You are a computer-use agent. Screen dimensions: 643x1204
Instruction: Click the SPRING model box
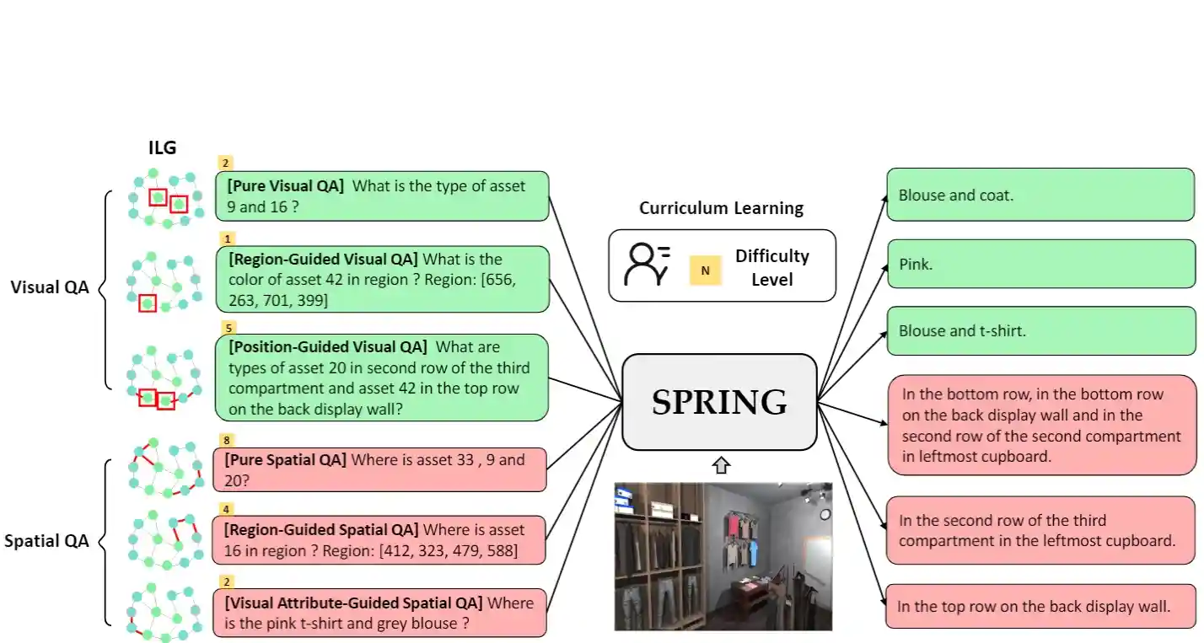[x=719, y=402]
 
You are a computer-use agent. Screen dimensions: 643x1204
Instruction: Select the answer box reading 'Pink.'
[x=1040, y=264]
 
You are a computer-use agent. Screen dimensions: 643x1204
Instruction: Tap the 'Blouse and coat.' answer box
[x=1040, y=195]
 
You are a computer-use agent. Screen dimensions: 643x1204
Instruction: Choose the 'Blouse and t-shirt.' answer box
[x=1040, y=331]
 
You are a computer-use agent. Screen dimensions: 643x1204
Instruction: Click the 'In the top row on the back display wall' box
[x=1040, y=605]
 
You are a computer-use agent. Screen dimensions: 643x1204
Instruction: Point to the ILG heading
[x=162, y=148]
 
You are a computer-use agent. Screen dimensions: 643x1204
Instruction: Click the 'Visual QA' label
[x=50, y=287]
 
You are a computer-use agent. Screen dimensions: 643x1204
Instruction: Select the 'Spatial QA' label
[x=46, y=541]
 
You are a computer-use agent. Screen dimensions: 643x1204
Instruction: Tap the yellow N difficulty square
[x=706, y=271]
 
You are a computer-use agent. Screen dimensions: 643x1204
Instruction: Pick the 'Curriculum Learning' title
[x=721, y=208]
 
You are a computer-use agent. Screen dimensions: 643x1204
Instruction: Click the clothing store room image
[x=723, y=556]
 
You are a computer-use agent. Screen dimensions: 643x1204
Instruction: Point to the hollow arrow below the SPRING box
[x=721, y=465]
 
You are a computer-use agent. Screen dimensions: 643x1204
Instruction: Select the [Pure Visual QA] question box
[x=381, y=196]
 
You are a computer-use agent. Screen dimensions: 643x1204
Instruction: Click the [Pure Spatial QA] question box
[x=379, y=470]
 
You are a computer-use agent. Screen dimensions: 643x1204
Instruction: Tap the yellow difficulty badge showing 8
[x=226, y=440]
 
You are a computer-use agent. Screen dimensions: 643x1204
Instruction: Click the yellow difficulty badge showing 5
[x=226, y=327]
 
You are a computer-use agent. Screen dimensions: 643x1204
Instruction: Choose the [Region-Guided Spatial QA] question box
[x=379, y=540]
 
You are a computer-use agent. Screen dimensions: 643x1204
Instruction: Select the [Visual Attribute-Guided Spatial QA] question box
[x=379, y=613]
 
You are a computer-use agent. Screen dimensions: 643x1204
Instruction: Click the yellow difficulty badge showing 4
[x=226, y=509]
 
